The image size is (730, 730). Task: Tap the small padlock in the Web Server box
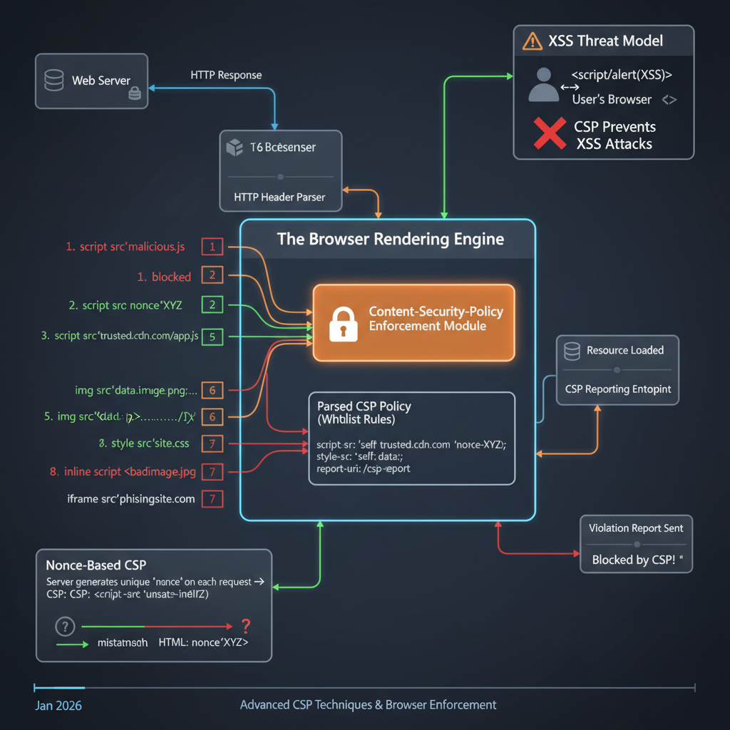(x=133, y=94)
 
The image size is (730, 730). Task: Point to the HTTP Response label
(x=226, y=75)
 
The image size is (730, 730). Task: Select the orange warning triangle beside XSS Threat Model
(x=532, y=41)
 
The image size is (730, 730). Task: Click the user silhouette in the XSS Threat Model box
(x=543, y=85)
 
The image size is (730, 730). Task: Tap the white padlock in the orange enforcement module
(x=342, y=323)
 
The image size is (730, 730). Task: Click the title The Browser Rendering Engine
(x=390, y=239)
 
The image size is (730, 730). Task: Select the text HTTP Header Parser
(x=279, y=197)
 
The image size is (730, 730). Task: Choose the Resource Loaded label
(x=624, y=350)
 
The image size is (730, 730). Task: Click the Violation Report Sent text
(x=635, y=528)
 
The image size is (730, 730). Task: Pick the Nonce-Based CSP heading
(x=96, y=565)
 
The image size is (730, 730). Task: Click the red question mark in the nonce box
(x=246, y=627)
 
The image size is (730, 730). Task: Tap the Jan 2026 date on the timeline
(x=58, y=706)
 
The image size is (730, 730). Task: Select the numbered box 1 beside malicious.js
(x=212, y=247)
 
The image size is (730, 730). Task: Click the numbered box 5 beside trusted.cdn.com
(x=212, y=335)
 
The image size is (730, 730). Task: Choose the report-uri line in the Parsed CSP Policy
(x=364, y=469)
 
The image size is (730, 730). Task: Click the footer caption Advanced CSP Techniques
(x=368, y=705)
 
